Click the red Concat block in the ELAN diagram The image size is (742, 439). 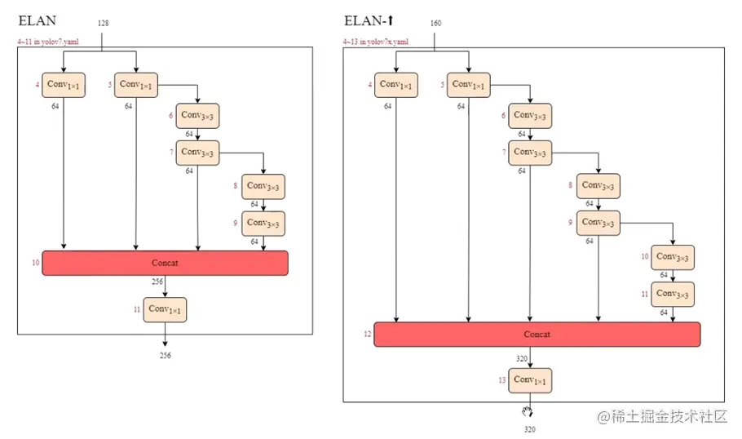pos(165,263)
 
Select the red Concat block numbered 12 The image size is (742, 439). pos(537,335)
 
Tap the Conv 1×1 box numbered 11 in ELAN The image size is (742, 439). pos(165,310)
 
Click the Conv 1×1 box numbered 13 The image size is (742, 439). pos(530,380)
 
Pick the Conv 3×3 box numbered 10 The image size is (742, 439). pos(673,258)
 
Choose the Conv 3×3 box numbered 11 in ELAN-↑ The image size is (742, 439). pos(673,294)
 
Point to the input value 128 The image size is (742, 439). pos(104,23)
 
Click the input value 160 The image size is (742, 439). pos(436,23)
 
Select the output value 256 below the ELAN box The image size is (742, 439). pos(166,355)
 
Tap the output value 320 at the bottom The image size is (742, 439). pos(530,429)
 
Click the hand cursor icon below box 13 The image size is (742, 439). pos(528,411)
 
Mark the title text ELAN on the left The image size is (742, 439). pos(38,21)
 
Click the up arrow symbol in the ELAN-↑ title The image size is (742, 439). pos(391,20)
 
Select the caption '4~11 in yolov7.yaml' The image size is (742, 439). pos(48,42)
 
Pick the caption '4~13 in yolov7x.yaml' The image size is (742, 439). pos(376,42)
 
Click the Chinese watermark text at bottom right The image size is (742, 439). pos(662,416)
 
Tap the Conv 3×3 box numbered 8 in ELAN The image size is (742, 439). pos(263,187)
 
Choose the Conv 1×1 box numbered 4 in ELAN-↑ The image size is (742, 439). pos(396,85)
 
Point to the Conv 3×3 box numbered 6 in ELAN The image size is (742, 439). pos(197,116)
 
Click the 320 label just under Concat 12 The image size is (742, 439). pos(522,358)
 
